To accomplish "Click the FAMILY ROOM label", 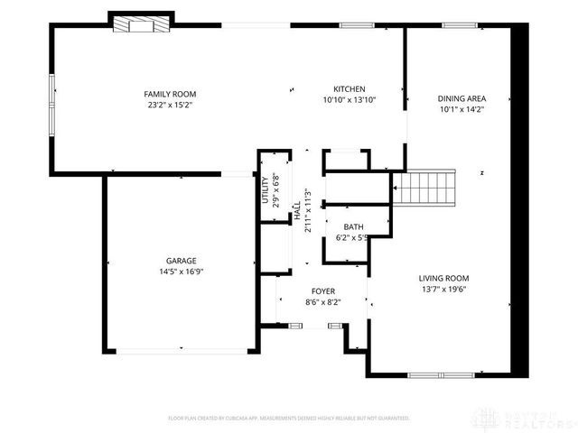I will pos(170,94).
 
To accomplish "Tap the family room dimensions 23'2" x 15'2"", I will pos(170,105).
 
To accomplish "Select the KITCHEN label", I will pos(349,89).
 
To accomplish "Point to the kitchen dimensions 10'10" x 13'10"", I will pos(349,100).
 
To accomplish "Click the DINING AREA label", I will pos(462,99).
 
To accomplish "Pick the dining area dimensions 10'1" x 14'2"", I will pos(462,110).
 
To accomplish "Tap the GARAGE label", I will pos(181,260).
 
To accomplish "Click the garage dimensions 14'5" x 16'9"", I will pos(181,271).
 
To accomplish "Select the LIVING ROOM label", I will pos(443,279).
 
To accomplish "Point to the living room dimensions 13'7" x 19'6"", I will pos(443,290).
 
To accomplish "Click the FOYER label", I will pos(322,291).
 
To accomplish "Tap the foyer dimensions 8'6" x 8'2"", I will pos(322,302).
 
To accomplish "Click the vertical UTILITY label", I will pos(266,190).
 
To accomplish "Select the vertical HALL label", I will pos(296,212).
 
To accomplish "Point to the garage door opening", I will pos(181,353).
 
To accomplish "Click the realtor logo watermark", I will pos(527,417).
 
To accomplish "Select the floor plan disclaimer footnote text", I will pos(289,419).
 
